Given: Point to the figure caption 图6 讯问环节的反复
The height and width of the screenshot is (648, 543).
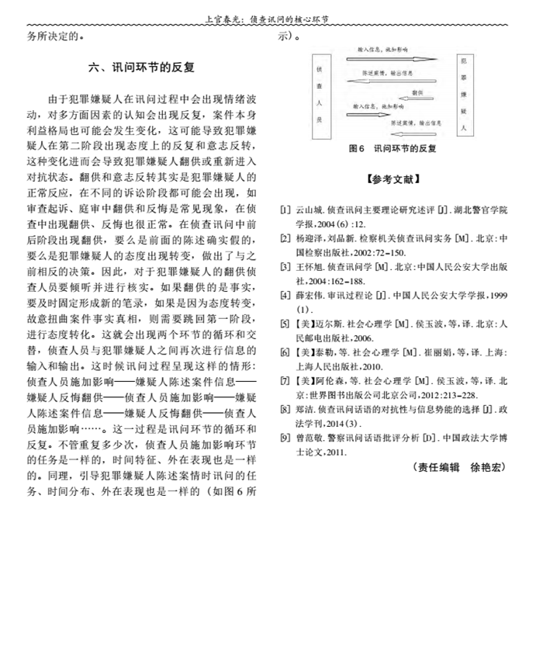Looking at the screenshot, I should (393, 147).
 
